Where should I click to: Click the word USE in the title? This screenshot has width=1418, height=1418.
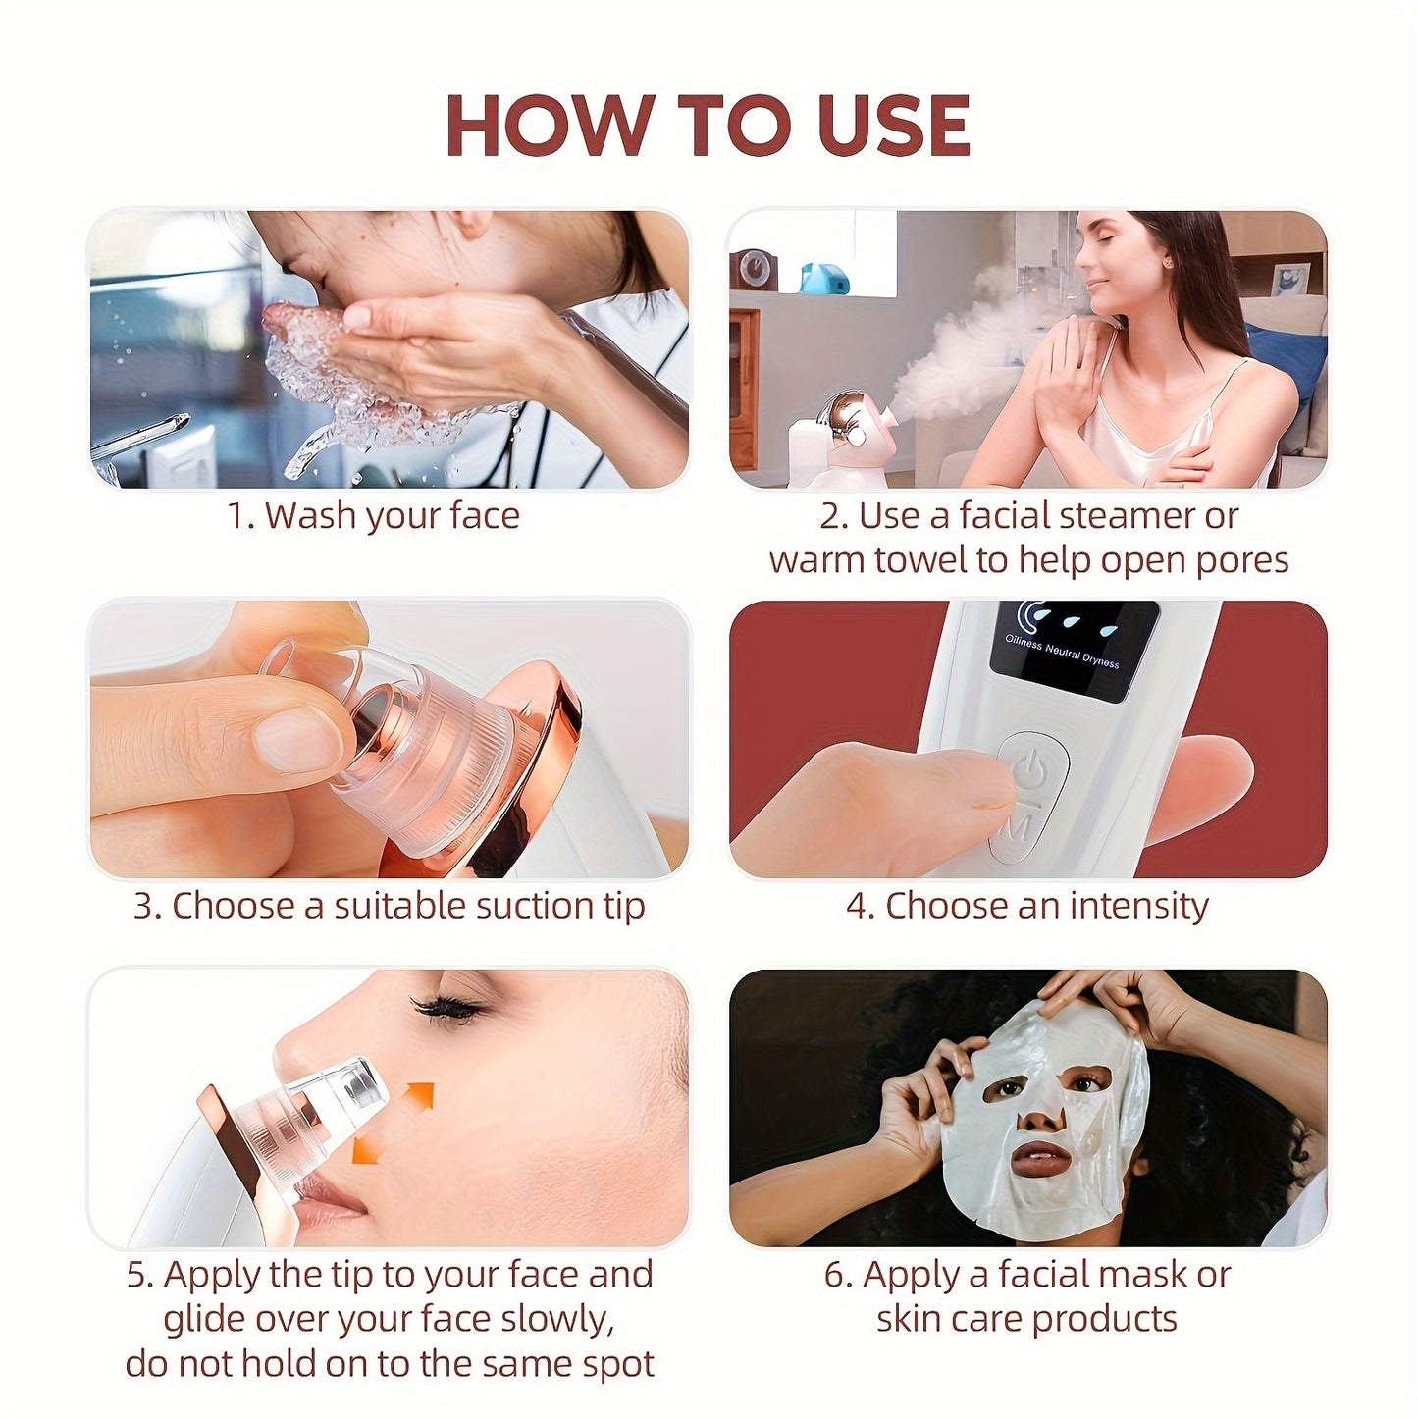892,127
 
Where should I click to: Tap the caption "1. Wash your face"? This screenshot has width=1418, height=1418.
373,515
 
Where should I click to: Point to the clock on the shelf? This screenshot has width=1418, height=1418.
755,268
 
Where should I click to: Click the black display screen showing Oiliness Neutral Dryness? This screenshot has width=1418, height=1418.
1073,649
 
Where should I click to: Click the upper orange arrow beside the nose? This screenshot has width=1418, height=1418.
419,1095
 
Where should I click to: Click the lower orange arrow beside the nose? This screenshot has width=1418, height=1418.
367,1146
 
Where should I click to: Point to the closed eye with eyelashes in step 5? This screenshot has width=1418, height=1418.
446,1008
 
